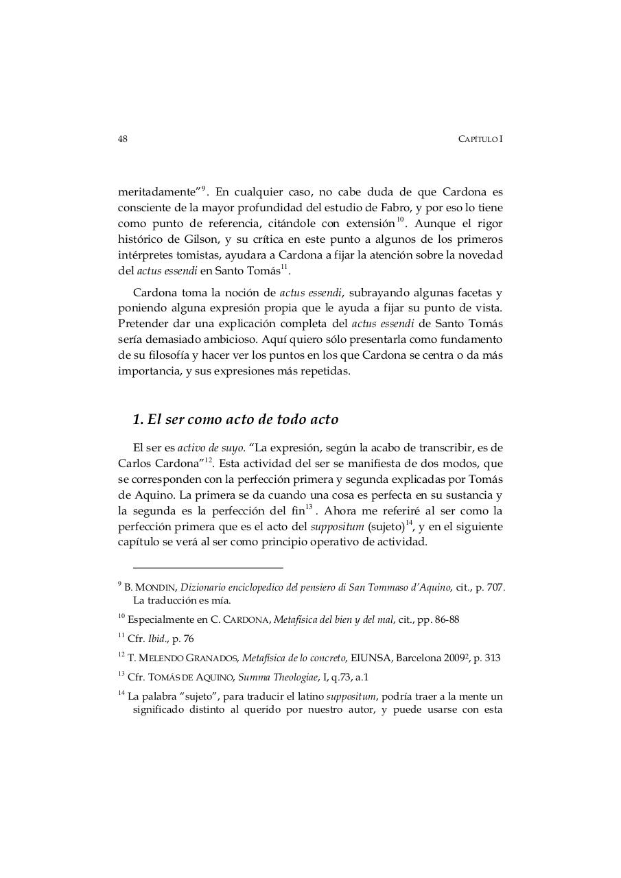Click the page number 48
tap(123, 139)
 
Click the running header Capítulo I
tap(480, 139)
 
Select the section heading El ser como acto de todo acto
tap(235, 419)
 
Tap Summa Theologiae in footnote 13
tap(277, 677)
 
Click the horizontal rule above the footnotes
tap(208, 568)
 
